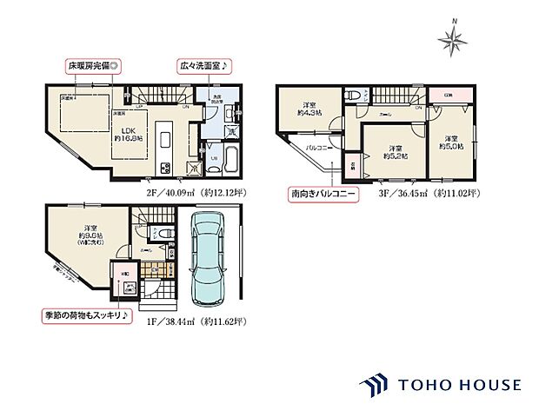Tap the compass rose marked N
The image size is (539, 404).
click(x=456, y=38)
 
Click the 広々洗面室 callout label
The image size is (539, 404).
click(x=203, y=66)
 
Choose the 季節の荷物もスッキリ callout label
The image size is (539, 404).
click(x=87, y=315)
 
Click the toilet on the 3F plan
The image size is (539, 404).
click(x=352, y=96)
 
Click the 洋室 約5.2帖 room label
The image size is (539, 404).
click(x=395, y=151)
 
